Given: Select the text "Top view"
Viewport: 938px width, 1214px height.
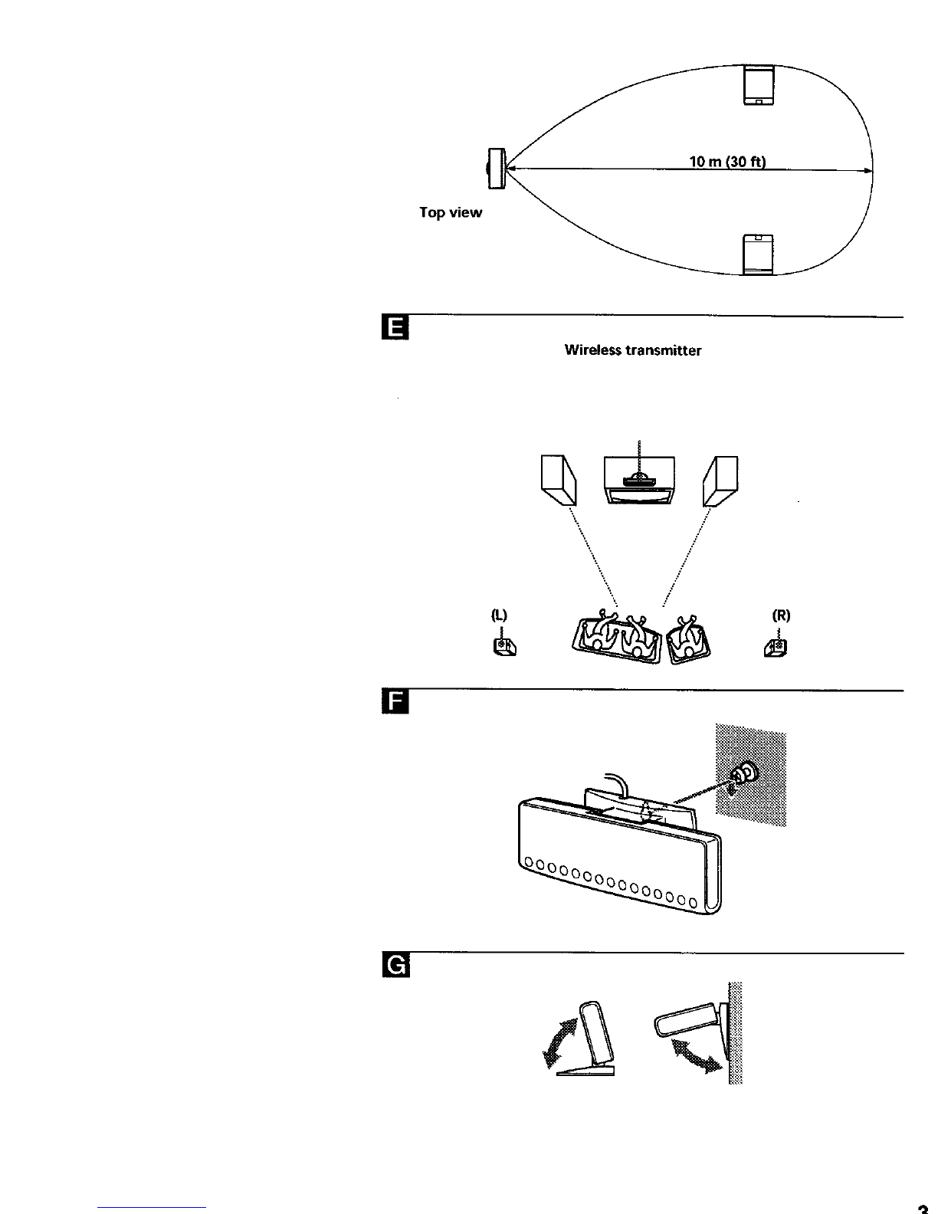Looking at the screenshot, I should tap(451, 212).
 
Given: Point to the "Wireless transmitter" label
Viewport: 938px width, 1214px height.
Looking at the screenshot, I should tap(633, 350).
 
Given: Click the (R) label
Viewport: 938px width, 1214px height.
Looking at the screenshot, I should tap(781, 615).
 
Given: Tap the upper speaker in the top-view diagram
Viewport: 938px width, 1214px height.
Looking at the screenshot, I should tap(760, 84).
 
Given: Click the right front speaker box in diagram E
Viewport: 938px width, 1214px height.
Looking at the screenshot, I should tap(720, 480).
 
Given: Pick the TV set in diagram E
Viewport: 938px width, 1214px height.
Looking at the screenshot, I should tap(639, 480).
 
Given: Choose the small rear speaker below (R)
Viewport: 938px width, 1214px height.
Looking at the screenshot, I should tap(775, 648).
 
